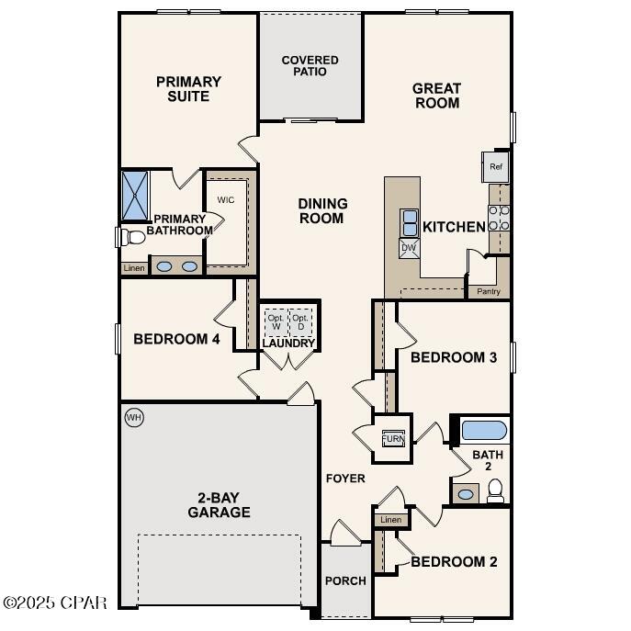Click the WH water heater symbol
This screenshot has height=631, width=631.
[134, 419]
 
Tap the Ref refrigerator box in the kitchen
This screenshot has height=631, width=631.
[496, 167]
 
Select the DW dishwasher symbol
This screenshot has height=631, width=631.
[409, 248]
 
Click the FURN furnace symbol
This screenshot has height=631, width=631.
[393, 438]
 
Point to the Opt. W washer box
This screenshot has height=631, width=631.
[276, 322]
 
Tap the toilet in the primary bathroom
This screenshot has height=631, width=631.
[131, 237]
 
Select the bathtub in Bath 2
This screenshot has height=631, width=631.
[483, 430]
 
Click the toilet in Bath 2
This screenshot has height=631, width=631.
[496, 493]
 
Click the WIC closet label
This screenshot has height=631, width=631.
[226, 199]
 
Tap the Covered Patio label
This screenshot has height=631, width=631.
[310, 66]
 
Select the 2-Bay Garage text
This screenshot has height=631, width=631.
[219, 504]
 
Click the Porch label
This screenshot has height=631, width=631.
[345, 580]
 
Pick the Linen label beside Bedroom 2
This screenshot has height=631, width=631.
[390, 521]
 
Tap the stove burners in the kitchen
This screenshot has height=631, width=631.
[500, 218]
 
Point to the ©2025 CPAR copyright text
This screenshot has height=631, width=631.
[55, 603]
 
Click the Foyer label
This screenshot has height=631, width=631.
[345, 479]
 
